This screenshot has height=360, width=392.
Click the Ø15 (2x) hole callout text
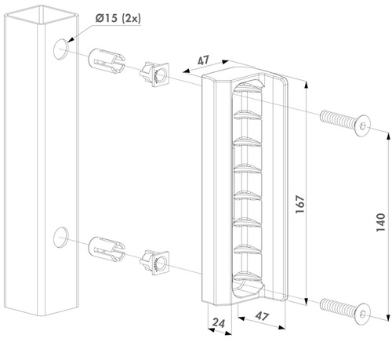click(x=118, y=18)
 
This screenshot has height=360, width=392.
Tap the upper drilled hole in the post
click(x=60, y=49)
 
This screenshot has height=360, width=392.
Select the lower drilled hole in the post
click(x=60, y=237)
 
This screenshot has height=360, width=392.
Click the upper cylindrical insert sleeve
click(x=107, y=60)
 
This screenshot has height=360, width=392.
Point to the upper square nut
click(x=154, y=74)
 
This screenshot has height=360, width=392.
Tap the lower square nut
click(x=154, y=261)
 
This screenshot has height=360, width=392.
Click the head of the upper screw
click(x=363, y=126)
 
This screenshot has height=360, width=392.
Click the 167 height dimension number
click(x=300, y=204)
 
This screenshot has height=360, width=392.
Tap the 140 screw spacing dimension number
click(x=381, y=222)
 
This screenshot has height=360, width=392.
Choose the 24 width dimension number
click(x=219, y=323)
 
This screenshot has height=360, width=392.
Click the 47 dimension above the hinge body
click(x=204, y=60)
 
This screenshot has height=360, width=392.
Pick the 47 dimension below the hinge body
click(x=262, y=316)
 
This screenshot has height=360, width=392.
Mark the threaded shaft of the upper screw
click(x=338, y=119)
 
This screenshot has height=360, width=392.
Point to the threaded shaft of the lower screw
click(x=338, y=307)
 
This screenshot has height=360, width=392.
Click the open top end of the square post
click(x=42, y=14)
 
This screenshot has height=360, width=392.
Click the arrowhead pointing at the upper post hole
click(x=71, y=39)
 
